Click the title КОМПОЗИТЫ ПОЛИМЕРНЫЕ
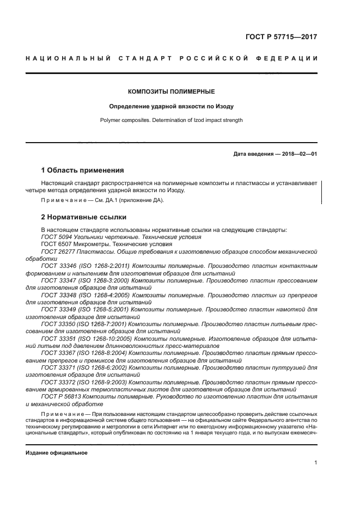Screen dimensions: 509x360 [x=171, y=91]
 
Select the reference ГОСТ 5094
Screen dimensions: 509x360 [x=56, y=237]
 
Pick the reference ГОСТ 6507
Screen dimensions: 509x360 [x=56, y=244]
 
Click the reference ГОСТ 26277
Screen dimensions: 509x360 [x=58, y=252]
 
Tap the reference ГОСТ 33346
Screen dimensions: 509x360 [x=58, y=266]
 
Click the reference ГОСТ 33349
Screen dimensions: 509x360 [x=58, y=309]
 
